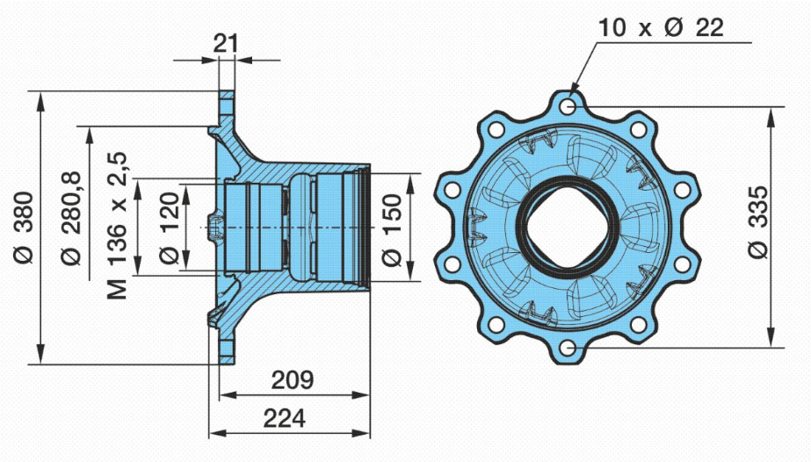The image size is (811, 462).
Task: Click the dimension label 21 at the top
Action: tap(226, 43)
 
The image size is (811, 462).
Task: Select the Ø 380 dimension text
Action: tap(24, 227)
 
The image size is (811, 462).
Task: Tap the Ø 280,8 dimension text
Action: tap(71, 218)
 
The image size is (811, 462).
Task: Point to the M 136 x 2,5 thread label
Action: tap(118, 225)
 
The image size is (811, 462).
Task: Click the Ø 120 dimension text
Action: tap(169, 227)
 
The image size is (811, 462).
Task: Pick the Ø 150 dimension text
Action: tap(392, 230)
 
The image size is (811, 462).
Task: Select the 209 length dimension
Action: tap(293, 379)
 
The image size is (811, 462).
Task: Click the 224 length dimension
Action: tap(284, 417)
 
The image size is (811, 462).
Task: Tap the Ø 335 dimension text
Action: tap(758, 222)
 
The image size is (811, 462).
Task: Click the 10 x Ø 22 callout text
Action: tap(661, 27)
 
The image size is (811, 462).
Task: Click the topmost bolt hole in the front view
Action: tap(568, 107)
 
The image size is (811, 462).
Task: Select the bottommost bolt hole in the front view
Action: tap(568, 347)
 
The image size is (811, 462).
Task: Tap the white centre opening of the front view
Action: tap(568, 227)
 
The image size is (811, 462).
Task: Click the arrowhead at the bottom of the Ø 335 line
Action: tap(771, 337)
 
